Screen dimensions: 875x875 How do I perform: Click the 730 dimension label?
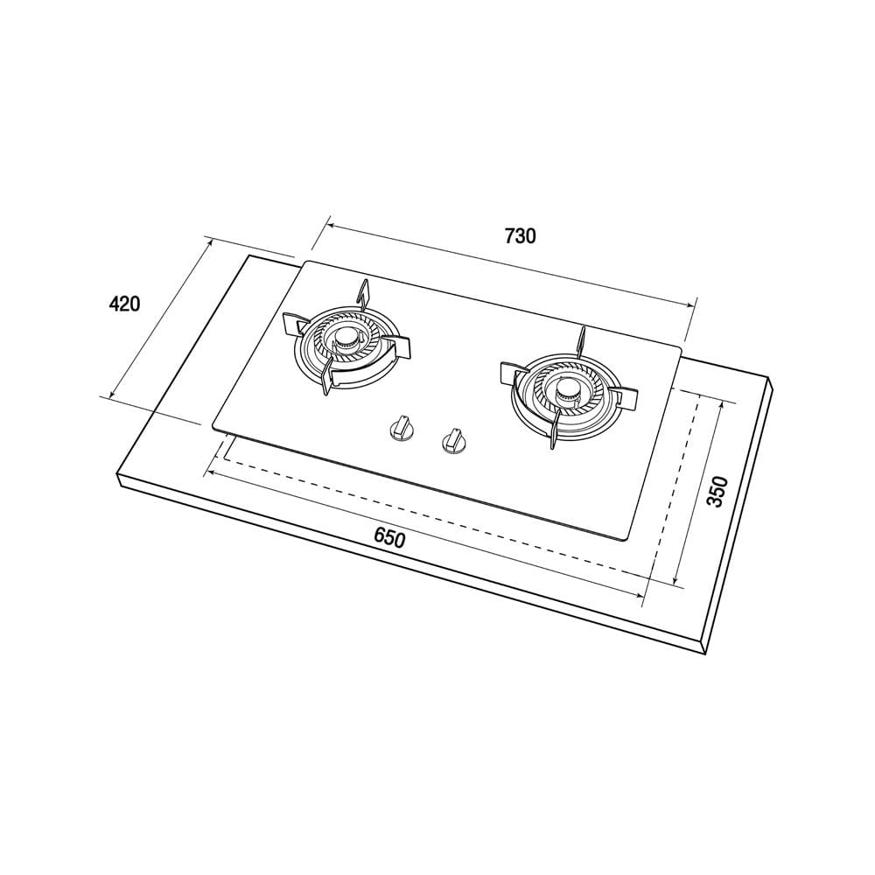(520, 236)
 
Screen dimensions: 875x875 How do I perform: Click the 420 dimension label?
(124, 304)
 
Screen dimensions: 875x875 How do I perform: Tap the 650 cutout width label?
(389, 539)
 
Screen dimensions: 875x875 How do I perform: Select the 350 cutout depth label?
(717, 491)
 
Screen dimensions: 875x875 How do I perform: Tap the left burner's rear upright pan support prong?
(363, 294)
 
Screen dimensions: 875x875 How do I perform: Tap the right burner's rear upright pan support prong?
(581, 342)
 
